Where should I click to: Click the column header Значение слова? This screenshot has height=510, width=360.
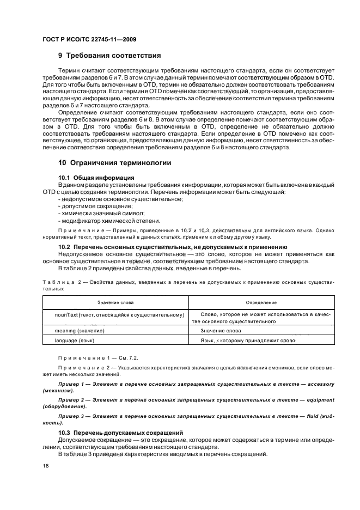(x=115, y=302)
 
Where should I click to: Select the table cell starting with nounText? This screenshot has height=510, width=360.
(x=119, y=314)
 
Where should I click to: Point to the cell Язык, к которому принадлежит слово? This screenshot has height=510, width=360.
(x=247, y=340)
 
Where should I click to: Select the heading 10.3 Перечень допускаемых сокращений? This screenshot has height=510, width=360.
(x=120, y=432)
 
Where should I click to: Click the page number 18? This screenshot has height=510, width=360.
(x=45, y=466)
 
